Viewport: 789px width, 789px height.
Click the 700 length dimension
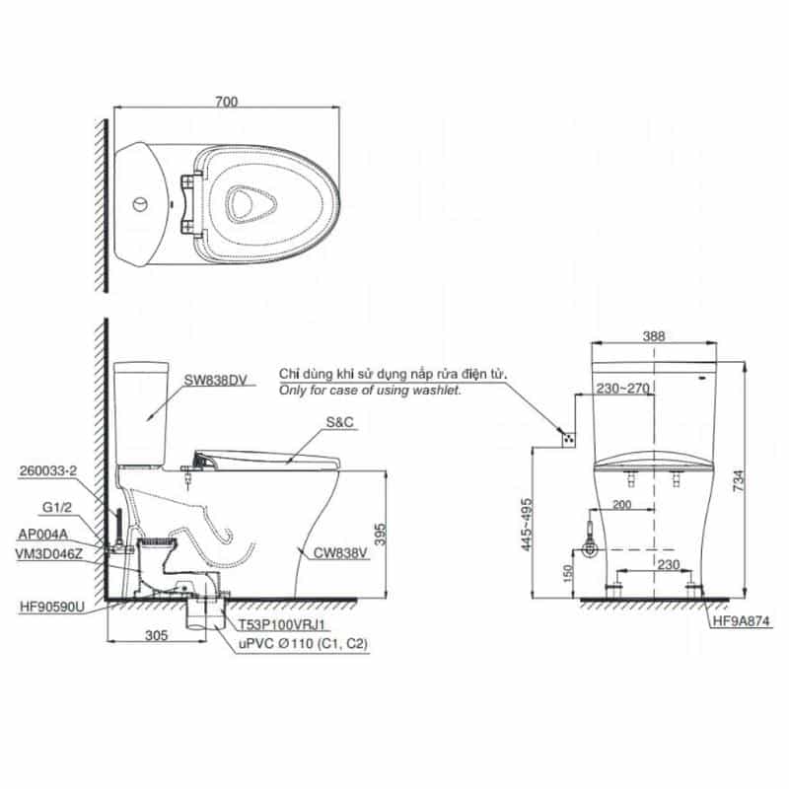point(227,102)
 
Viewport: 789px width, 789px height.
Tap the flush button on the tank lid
point(140,204)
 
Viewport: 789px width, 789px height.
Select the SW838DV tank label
point(215,381)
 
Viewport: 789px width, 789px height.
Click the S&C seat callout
point(339,422)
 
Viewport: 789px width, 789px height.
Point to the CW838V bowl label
point(340,553)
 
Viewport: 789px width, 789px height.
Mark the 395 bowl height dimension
point(381,535)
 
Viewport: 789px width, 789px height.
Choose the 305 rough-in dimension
point(156,635)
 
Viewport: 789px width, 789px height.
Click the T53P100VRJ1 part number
point(282,625)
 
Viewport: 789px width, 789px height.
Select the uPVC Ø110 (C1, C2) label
point(303,644)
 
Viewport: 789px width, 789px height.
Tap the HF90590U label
point(52,608)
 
